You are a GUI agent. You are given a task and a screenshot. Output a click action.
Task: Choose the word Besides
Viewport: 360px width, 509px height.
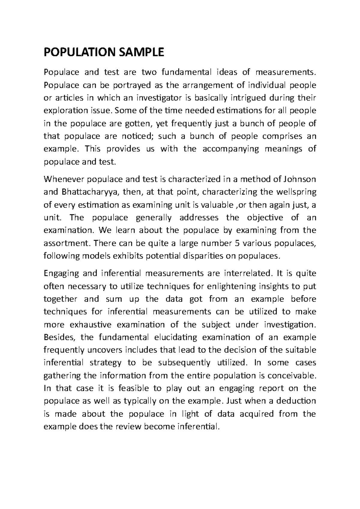click(59, 337)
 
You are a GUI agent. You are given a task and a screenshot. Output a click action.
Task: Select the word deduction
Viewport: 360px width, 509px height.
click(292, 401)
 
